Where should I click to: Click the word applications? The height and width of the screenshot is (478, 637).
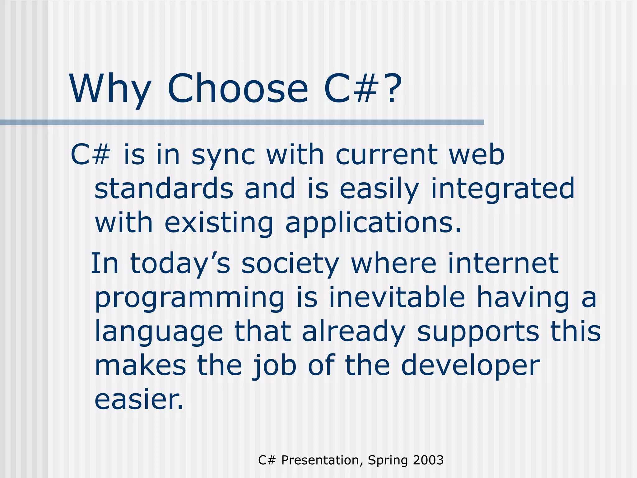tap(373, 223)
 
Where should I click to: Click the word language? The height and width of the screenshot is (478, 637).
tap(159, 332)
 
